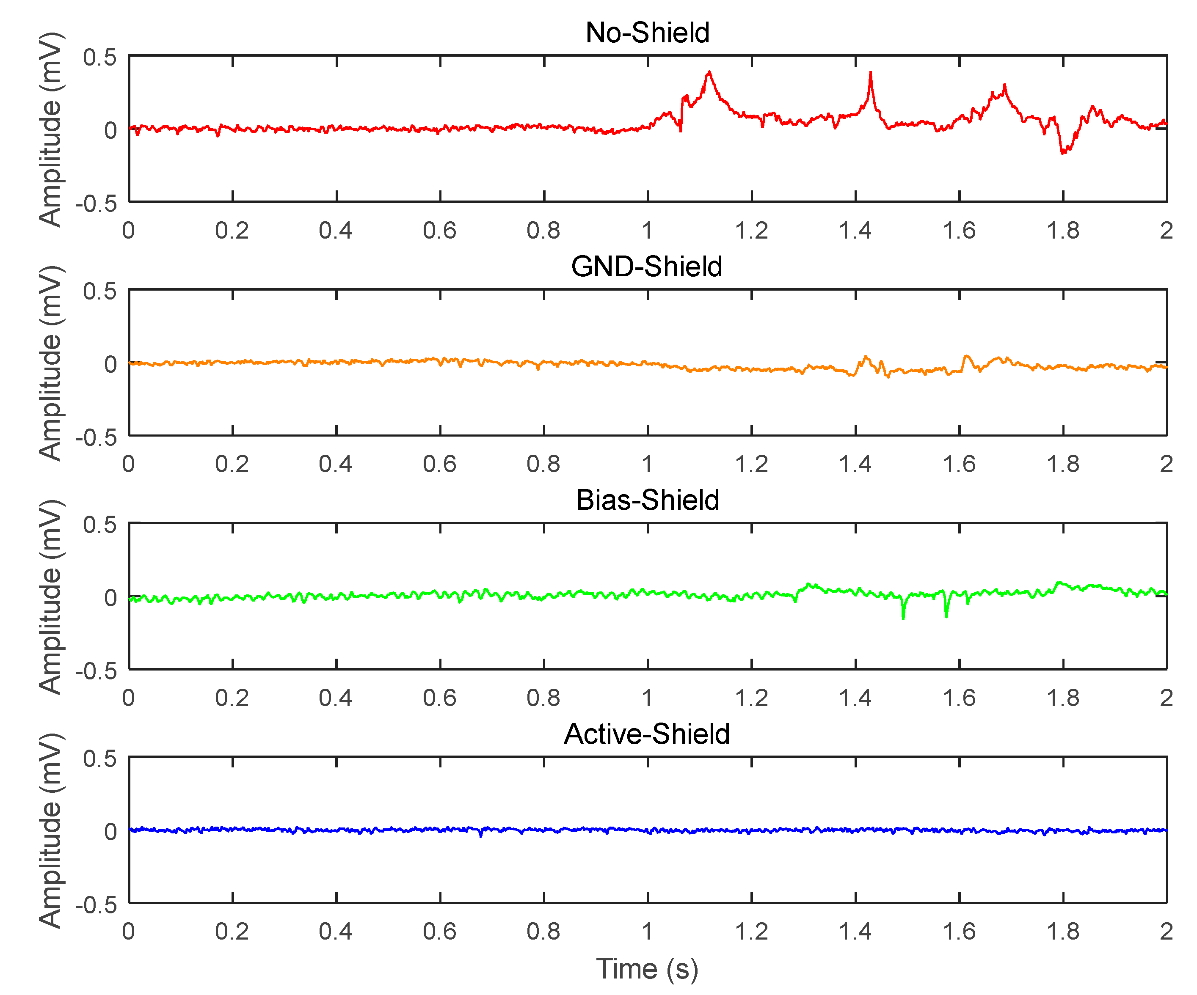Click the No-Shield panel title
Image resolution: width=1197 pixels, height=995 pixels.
click(648, 33)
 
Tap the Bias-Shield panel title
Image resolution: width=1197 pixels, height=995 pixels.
click(648, 500)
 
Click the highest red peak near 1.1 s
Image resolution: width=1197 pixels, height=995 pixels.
click(709, 72)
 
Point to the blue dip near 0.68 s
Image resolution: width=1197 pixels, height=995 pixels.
click(480, 836)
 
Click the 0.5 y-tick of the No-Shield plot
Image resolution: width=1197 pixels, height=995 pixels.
click(100, 57)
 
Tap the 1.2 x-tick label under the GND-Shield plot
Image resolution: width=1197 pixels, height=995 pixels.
click(751, 464)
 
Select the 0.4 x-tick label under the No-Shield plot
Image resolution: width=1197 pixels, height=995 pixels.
click(336, 231)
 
